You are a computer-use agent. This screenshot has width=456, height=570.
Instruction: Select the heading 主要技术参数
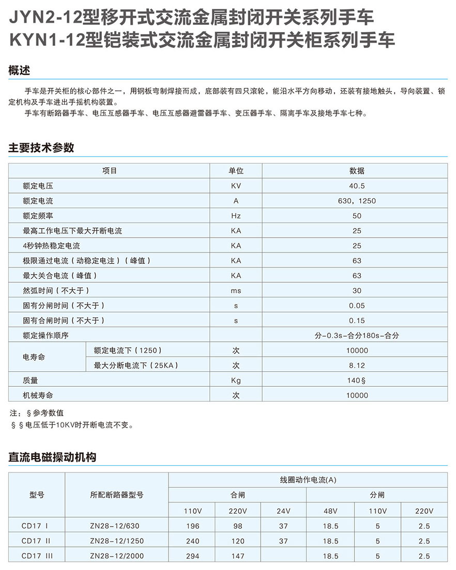[x=41, y=148]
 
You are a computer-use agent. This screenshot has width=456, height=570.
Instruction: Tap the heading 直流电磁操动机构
[x=52, y=457]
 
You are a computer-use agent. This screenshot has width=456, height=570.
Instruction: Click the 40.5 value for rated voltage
[x=357, y=186]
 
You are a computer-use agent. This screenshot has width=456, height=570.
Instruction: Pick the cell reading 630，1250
[x=357, y=201]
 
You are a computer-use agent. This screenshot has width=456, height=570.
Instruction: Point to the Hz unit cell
[x=236, y=216]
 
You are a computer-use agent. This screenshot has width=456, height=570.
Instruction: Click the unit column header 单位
[x=236, y=171]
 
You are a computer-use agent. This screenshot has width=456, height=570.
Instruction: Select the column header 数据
[x=357, y=171]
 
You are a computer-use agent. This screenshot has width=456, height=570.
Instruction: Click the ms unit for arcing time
[x=236, y=291]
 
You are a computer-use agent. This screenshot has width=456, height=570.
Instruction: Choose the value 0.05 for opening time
[x=357, y=306]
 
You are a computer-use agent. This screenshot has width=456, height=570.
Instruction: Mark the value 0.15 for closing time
[x=357, y=321]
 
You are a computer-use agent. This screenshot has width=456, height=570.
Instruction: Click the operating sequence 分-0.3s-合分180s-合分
[x=357, y=336]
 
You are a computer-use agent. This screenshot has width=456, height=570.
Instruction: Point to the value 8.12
[x=357, y=366]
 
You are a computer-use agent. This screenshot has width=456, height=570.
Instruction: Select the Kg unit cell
[x=236, y=381]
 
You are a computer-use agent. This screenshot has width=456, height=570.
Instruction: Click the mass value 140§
[x=357, y=381]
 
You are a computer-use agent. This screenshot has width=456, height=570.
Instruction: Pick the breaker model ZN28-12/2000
[x=117, y=556]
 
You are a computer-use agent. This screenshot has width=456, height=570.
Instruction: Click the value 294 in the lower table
[x=192, y=556]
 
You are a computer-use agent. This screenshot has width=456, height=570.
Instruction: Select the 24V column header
[x=283, y=511]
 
